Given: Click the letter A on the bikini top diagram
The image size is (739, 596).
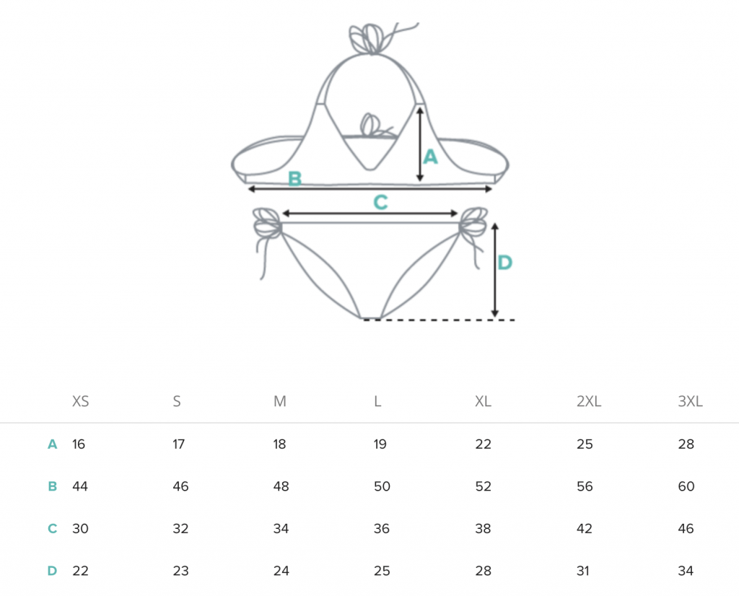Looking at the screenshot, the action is click(430, 157).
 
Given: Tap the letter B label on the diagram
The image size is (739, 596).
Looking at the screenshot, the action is click(294, 178).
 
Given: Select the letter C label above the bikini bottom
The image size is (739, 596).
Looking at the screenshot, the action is click(380, 203).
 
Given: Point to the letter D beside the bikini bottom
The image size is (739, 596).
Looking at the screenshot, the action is click(504, 263).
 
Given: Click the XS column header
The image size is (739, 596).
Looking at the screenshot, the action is click(80, 401).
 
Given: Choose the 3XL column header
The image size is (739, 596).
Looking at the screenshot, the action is click(690, 401).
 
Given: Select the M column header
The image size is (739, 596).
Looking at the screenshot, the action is click(279, 401).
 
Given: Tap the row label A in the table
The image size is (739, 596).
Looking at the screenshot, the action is click(52, 444).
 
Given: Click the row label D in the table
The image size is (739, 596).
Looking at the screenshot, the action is click(52, 571).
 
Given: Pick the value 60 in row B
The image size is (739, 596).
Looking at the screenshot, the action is click(686, 486).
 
